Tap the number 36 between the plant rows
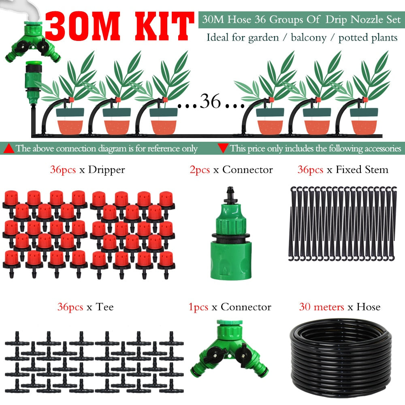pos(210,102)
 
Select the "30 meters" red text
pos(322,307)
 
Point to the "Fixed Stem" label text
pos(362,170)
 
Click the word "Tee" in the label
pos(105,307)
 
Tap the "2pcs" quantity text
pos(200,170)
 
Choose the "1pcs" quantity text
pos(198,307)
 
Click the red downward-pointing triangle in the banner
pos(222,148)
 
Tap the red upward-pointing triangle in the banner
pos(9,148)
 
